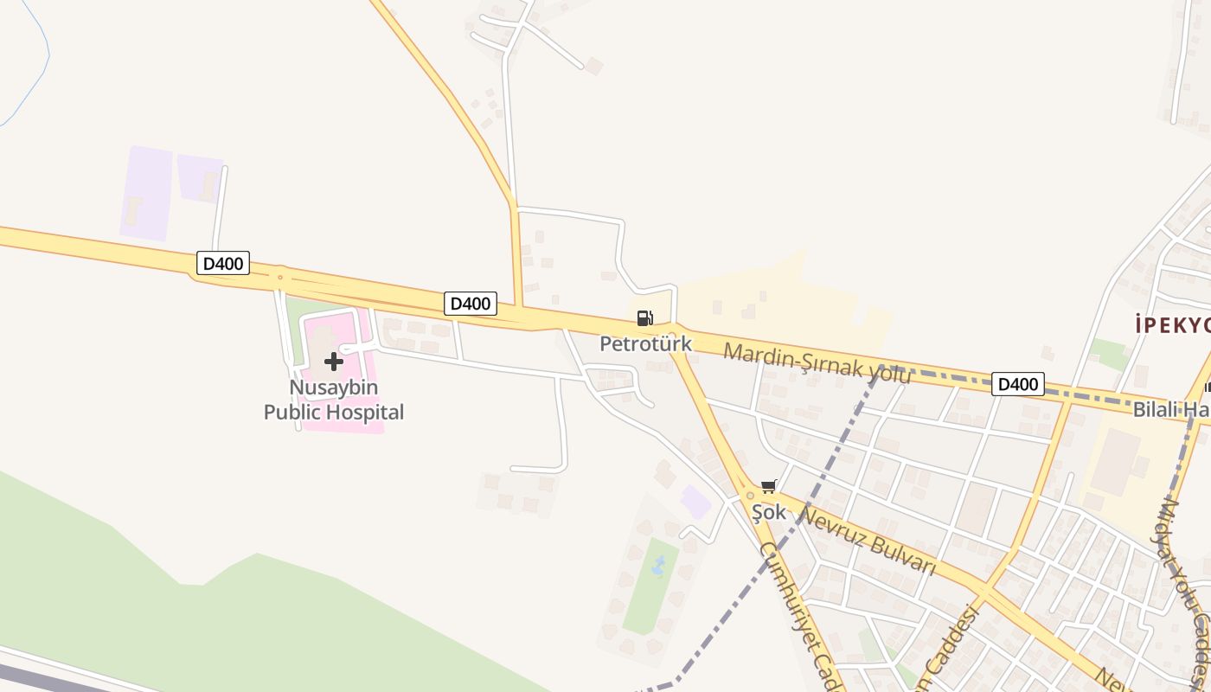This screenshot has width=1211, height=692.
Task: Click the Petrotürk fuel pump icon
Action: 644,318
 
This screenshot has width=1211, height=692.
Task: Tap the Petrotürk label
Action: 646,343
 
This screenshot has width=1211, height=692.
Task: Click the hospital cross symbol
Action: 334,362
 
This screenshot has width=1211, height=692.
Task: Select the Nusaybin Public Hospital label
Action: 334,400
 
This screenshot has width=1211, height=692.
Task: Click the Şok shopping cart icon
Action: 768,487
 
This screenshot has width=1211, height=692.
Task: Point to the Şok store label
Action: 768,512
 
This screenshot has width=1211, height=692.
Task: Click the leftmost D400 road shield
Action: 223,263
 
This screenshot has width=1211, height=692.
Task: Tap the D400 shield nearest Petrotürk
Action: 471,304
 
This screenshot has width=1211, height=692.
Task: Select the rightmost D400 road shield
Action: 1018,384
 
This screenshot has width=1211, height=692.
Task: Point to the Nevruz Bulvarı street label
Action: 868,541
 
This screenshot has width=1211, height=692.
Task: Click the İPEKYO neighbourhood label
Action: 1173,325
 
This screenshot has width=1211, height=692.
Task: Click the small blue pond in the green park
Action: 659,567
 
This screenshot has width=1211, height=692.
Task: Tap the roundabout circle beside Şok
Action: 749,496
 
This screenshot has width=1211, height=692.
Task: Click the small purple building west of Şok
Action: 695,502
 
